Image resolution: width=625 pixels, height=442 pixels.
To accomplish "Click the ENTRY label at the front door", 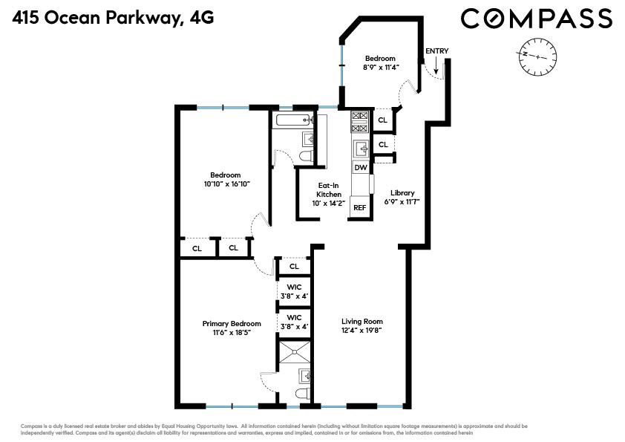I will point(436,51).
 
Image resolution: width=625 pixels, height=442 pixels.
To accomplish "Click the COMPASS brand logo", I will point(536,18).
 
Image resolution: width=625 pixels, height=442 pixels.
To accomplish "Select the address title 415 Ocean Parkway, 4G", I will point(113,18).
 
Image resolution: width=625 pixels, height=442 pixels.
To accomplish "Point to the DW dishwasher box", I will point(360,168).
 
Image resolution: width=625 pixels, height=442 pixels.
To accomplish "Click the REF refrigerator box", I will point(359,207).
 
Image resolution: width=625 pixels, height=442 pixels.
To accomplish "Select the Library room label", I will point(403,192).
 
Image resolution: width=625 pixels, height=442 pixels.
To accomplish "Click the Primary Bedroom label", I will point(232,324).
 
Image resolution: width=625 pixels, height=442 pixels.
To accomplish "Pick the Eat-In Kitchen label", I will point(330,190).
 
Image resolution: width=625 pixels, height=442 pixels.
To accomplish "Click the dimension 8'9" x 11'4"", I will point(380,68).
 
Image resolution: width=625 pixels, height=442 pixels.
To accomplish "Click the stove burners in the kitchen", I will point(360,121).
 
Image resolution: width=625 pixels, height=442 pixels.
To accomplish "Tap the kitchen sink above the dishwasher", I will point(361,149).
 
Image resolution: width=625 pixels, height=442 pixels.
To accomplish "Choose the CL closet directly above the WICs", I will point(294,266).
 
